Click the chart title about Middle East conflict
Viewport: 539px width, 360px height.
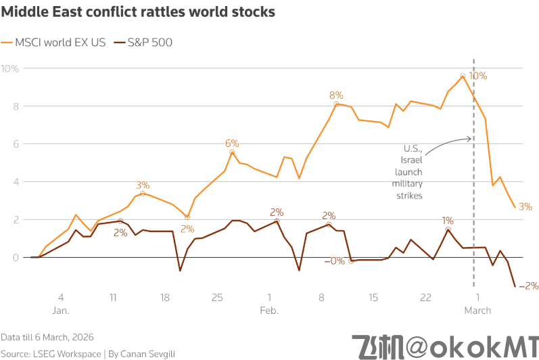tap(138, 13)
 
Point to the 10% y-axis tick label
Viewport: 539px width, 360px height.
tap(10, 68)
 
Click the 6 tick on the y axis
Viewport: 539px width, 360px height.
tap(15, 144)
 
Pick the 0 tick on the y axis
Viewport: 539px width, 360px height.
tap(15, 257)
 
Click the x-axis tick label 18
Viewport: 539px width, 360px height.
tap(165, 297)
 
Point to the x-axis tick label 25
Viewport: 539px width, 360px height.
tap(217, 297)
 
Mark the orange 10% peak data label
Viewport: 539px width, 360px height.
tap(478, 76)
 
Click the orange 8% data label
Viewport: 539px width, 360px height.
tap(336, 95)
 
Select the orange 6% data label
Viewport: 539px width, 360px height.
tap(232, 143)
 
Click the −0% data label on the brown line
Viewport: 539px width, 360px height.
tap(334, 261)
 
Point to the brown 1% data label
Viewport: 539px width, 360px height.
tap(448, 221)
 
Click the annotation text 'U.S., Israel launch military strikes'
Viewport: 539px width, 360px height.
tap(409, 172)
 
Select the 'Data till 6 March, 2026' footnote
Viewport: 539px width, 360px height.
tap(47, 336)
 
